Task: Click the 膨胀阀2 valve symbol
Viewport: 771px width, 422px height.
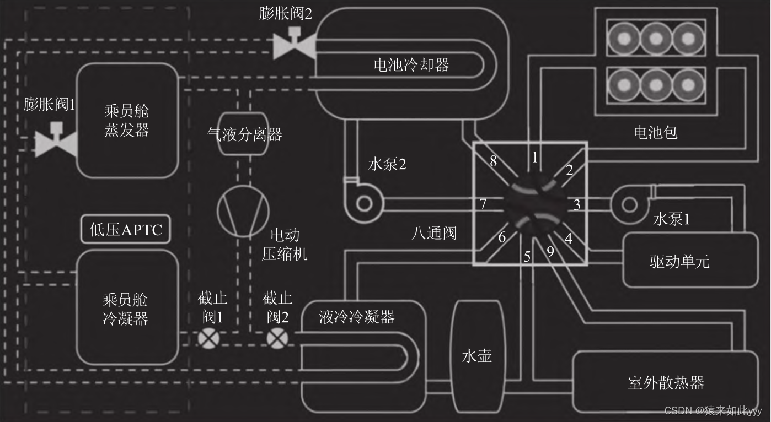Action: (x=294, y=45)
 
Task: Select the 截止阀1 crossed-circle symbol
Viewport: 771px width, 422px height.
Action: (x=208, y=338)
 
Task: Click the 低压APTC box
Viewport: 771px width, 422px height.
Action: (x=126, y=230)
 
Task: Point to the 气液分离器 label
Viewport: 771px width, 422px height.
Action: (x=244, y=134)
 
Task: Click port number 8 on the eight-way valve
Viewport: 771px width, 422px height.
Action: (x=494, y=161)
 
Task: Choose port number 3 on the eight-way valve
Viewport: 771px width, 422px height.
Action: (x=577, y=205)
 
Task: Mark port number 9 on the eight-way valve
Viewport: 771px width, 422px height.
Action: (x=550, y=251)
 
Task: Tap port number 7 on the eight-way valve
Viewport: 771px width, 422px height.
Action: (x=483, y=204)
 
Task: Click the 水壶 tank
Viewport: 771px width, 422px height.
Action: (x=476, y=356)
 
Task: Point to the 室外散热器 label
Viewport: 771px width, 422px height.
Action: (x=666, y=382)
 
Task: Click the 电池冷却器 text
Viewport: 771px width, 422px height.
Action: (x=411, y=65)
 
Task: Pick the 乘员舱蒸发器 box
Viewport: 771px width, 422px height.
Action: (x=127, y=121)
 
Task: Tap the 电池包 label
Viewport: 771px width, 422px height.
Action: (x=655, y=132)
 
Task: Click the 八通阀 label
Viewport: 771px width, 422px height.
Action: (x=434, y=233)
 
